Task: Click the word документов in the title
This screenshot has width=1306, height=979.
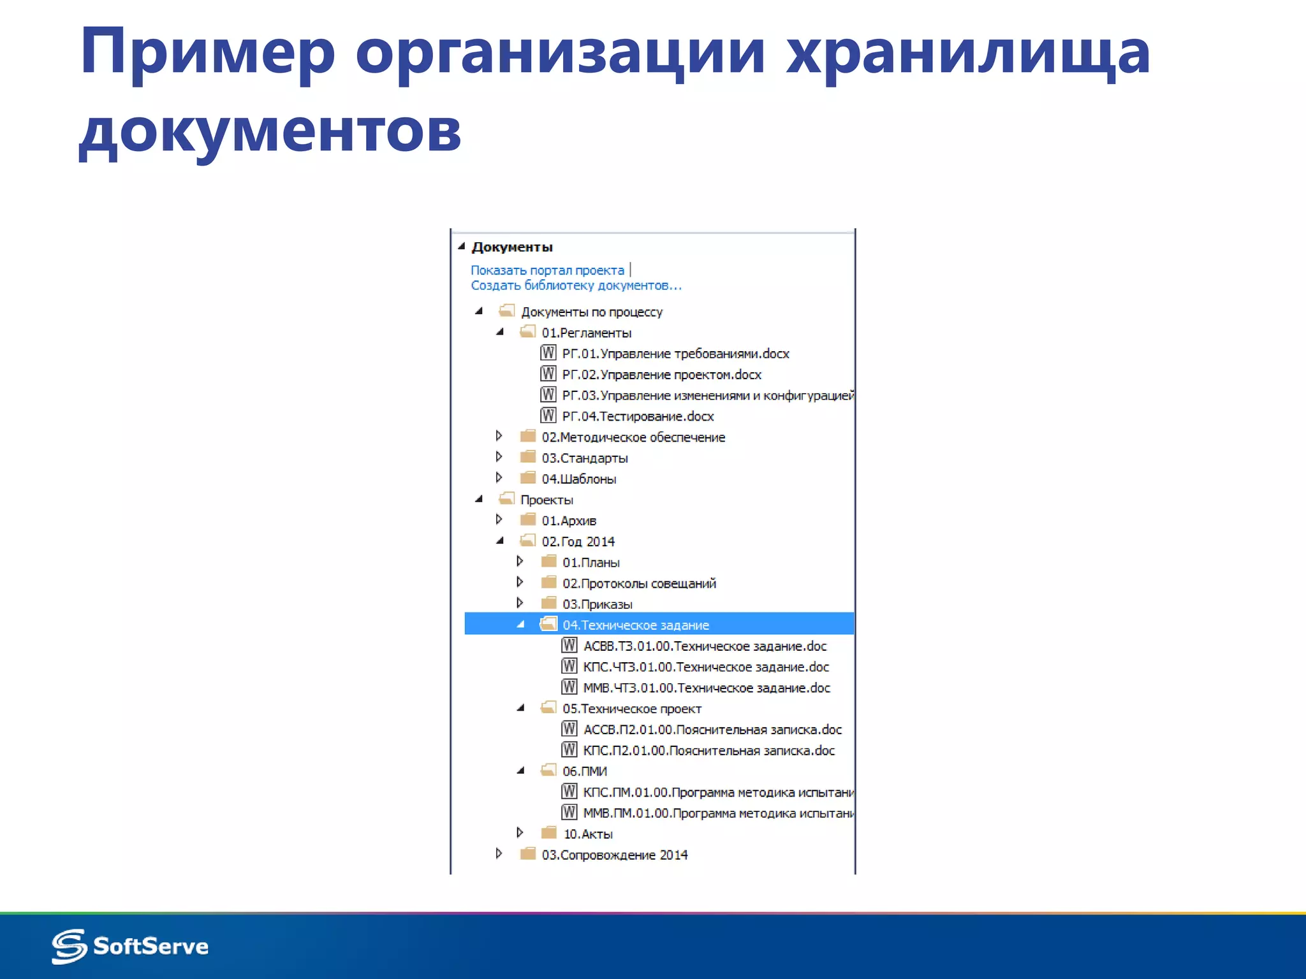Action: point(270,131)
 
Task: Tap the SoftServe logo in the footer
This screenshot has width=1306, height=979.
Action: point(131,946)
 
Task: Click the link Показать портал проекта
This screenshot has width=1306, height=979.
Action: point(547,270)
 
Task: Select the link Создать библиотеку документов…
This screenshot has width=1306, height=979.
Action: point(576,286)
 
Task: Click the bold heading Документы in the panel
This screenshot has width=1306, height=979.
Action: point(512,247)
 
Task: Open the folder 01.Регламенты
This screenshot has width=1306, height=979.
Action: point(586,333)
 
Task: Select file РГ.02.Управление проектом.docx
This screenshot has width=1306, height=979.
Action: point(661,375)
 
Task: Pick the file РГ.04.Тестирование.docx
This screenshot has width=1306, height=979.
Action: point(638,416)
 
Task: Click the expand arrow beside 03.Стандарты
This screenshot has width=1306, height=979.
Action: point(499,457)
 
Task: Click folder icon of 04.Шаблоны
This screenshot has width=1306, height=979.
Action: point(527,478)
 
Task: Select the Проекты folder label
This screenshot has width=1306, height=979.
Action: point(547,500)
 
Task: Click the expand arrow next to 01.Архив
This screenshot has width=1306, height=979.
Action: point(499,519)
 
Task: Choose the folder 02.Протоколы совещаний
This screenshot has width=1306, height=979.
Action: point(639,583)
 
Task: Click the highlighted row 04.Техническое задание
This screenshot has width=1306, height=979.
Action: point(635,625)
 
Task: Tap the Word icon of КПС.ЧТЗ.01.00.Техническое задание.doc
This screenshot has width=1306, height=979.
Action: point(569,666)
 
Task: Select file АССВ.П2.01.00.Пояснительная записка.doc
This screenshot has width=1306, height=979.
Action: point(712,730)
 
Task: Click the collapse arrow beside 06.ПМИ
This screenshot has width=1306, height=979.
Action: point(520,771)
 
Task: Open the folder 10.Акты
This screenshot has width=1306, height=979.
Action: point(587,834)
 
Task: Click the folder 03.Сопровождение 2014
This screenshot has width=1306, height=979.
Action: point(614,855)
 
